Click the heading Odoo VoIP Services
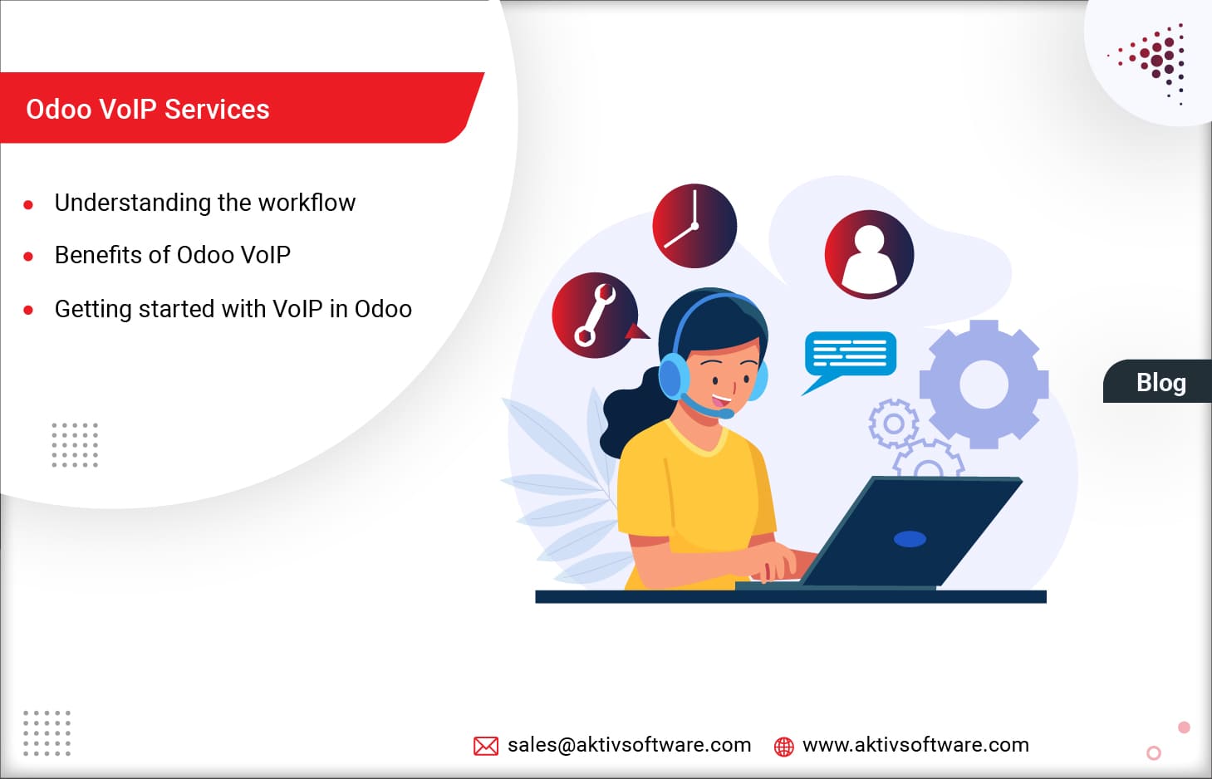click(x=148, y=110)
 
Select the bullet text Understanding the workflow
click(x=205, y=203)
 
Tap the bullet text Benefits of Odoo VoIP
click(x=173, y=255)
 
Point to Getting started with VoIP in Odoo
click(x=233, y=309)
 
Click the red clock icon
click(x=694, y=226)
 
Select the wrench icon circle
click(x=595, y=316)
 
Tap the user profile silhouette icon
click(x=869, y=254)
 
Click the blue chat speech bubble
click(x=850, y=355)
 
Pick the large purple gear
click(x=984, y=385)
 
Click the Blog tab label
click(x=1160, y=382)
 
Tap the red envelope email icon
click(x=486, y=746)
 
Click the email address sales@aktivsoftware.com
click(x=630, y=745)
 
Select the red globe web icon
click(x=783, y=747)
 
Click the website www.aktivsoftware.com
click(x=915, y=745)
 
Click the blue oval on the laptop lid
click(x=910, y=539)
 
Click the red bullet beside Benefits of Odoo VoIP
click(x=28, y=257)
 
